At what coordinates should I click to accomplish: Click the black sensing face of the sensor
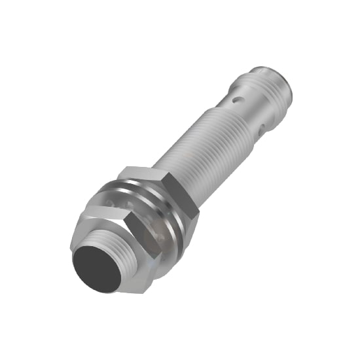(96, 267)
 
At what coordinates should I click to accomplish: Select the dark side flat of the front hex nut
(148, 242)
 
